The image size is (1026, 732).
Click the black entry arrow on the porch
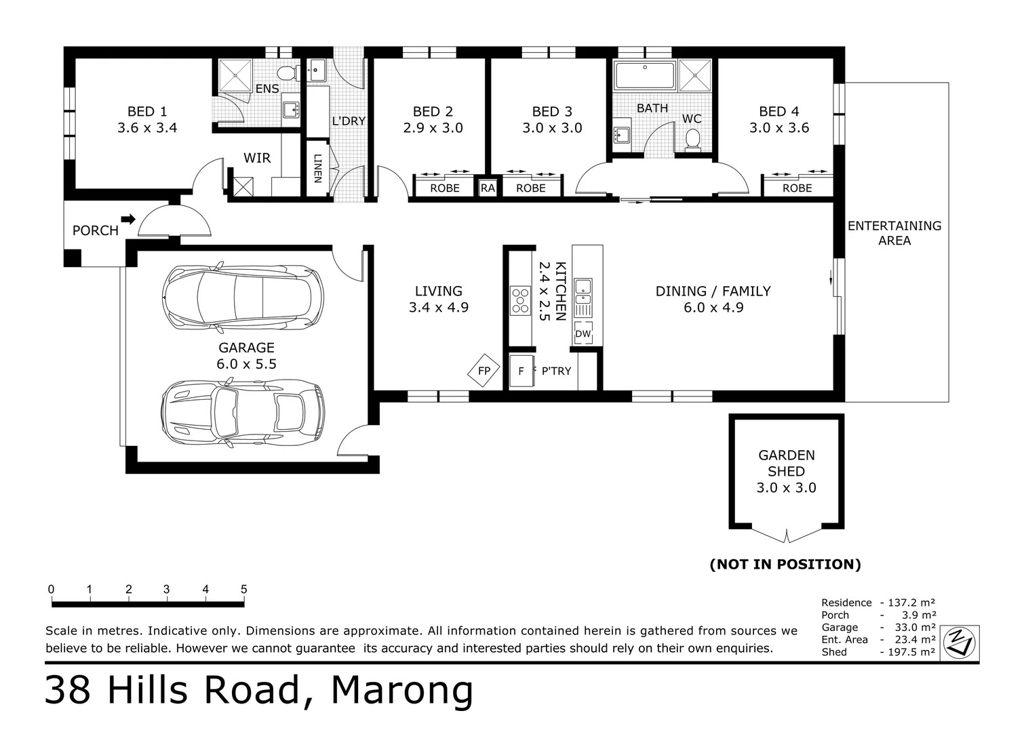129,220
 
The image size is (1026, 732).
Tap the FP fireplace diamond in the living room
484,370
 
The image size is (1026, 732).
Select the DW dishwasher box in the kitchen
583,333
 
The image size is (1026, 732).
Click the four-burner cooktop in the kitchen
520,301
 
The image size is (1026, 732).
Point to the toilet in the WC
692,139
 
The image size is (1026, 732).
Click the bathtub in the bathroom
645,76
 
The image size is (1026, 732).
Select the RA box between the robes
488,188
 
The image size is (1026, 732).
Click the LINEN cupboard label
317,169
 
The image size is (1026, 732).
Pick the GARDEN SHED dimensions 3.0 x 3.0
786,487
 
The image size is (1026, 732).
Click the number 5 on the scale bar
243,589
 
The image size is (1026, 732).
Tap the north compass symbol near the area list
960,643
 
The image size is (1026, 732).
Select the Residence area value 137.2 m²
911,603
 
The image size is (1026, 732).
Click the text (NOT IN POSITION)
785,564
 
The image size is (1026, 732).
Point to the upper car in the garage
243,297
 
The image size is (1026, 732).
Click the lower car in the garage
243,412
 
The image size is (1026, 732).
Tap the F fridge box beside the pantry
521,371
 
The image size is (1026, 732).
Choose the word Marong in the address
401,690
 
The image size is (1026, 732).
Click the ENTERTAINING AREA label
894,233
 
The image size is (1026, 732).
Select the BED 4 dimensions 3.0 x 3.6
778,127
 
